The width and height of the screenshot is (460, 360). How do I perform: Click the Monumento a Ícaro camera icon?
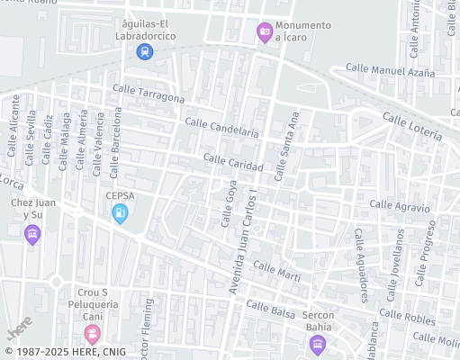point(265,33)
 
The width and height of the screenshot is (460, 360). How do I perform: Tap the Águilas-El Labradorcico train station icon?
point(144,51)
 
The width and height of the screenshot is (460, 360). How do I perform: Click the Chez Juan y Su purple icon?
point(32,235)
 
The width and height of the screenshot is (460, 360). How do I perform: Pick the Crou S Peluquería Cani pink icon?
point(92,335)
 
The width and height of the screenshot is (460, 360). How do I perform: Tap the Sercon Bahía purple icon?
point(317,344)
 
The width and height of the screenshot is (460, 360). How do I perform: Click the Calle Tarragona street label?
point(149,93)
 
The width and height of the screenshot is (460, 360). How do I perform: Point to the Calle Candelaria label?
point(221,127)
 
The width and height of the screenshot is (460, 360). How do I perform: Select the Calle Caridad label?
point(233,163)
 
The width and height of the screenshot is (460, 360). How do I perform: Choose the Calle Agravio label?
point(400,206)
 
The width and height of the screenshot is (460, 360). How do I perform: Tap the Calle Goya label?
point(227,203)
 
